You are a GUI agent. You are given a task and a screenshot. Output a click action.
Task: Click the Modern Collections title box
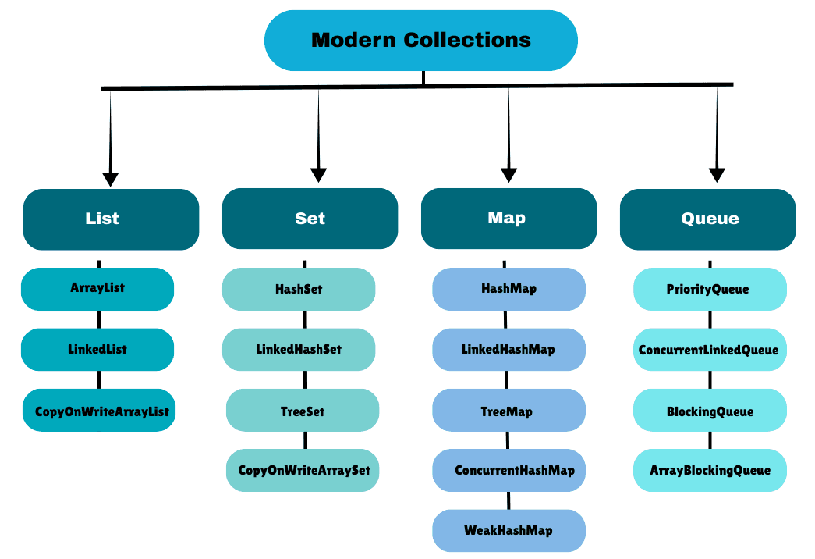tap(421, 41)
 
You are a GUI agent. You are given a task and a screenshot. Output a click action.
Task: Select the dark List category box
tap(111, 219)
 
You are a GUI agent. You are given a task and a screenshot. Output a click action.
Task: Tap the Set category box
tap(310, 219)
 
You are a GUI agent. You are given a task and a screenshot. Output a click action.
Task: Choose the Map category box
tap(508, 219)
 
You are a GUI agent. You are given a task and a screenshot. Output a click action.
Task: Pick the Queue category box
tap(707, 219)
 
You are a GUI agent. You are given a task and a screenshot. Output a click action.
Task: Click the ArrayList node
tap(97, 289)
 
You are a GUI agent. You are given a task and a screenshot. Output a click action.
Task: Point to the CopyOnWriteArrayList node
tap(99, 410)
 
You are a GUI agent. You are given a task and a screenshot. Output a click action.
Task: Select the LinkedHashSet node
tap(299, 350)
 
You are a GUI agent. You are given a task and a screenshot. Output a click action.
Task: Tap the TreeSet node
tap(303, 410)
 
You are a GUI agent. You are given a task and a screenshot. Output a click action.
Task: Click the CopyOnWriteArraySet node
tap(303, 471)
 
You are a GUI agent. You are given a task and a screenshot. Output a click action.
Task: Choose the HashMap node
tap(508, 289)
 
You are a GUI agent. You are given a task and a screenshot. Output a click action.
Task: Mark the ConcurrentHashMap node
tap(508, 471)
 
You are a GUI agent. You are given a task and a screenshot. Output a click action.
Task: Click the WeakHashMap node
tap(508, 531)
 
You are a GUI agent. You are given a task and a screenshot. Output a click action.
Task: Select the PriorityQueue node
tap(709, 289)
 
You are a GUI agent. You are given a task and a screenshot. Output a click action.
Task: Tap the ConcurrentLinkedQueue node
tap(709, 350)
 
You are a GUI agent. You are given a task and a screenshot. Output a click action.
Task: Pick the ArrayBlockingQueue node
tap(709, 471)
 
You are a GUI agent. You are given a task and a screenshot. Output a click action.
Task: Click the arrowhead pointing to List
tap(111, 178)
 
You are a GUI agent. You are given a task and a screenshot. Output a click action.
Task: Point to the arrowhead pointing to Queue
tap(717, 175)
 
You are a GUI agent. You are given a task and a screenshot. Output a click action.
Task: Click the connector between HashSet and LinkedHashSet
tap(304, 320)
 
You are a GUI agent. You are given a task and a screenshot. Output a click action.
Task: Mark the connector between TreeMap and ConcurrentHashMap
tap(508, 440)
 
